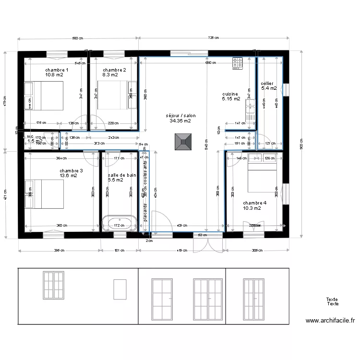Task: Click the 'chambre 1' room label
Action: [57, 70]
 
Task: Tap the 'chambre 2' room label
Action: [114, 70]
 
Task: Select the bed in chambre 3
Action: [44, 194]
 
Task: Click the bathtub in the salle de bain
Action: [119, 223]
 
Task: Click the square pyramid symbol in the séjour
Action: [182, 141]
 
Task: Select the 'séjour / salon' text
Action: [180, 116]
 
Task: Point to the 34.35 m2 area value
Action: [180, 121]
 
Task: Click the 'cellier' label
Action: [267, 84]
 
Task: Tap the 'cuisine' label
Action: [230, 94]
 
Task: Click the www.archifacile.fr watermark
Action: [330, 321]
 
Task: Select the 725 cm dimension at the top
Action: [214, 38]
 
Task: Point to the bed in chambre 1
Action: [44, 96]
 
